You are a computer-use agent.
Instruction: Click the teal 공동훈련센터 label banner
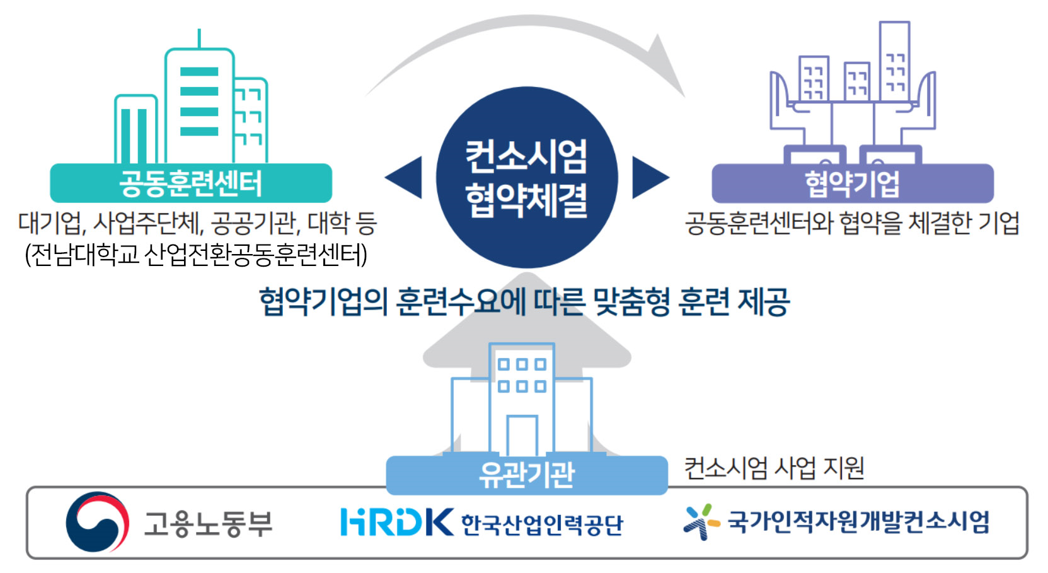coord(191,183)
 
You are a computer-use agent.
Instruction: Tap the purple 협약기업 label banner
coord(853,183)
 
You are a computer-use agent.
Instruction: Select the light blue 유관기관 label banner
coord(527,475)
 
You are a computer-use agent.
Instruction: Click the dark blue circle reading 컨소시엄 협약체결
coord(527,177)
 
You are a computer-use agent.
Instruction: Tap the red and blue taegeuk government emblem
coord(98,521)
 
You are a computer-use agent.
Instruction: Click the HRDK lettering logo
coord(397,521)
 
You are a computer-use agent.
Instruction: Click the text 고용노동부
coord(208,523)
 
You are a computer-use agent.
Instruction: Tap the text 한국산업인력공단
coord(542,524)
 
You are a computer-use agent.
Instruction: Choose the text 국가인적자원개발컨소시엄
coord(859,522)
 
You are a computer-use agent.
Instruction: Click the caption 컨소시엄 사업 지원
coord(774,468)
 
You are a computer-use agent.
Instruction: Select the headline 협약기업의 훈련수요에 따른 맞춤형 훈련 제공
coord(525,301)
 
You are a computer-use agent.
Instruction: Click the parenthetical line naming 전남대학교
coord(196,255)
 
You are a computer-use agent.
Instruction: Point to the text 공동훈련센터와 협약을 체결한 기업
coord(852,223)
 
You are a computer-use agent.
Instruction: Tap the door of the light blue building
coord(522,436)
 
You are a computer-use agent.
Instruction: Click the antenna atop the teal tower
coord(199,38)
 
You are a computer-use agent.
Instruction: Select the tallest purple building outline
coord(894,61)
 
